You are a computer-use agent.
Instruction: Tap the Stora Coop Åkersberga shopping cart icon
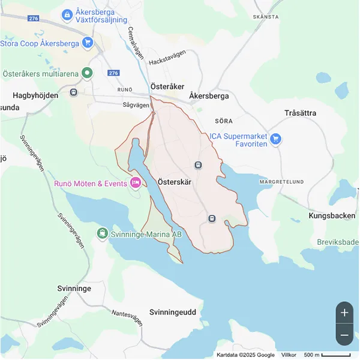(88, 43)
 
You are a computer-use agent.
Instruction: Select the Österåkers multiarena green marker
(88, 74)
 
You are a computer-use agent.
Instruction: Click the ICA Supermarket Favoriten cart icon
(275, 139)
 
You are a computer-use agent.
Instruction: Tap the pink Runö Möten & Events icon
(136, 183)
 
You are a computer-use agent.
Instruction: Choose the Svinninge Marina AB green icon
(103, 233)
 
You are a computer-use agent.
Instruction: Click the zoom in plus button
(344, 312)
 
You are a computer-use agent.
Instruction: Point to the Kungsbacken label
(332, 215)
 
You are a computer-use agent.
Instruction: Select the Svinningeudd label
(173, 312)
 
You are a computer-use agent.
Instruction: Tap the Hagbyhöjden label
(37, 95)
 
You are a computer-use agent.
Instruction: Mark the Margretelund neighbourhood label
(281, 181)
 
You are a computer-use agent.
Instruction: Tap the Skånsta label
(266, 17)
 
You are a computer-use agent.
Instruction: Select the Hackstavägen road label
(169, 61)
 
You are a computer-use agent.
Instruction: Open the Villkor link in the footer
(289, 355)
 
